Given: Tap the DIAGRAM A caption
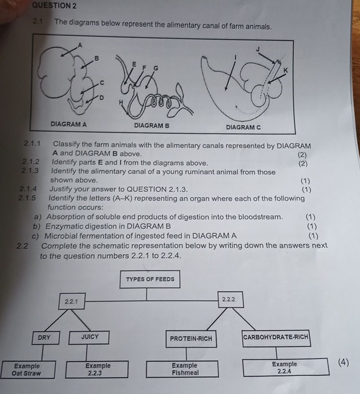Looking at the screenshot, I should pos(69,124).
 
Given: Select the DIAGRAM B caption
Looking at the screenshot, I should pos(152,125).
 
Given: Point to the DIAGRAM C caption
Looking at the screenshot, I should pos(243,126).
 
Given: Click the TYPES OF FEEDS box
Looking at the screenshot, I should pos(150,279).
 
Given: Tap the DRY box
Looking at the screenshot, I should pos(44,337).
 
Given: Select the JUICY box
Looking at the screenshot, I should pos(90,337).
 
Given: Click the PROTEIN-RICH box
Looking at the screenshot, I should pos(191,338).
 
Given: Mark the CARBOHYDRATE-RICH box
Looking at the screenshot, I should pos(276,337).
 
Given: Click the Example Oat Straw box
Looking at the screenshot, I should pos(27,370).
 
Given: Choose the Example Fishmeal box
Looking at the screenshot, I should pos(185,369).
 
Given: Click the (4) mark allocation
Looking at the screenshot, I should pos(343,363).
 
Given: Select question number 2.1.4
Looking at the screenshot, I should pos(28,189).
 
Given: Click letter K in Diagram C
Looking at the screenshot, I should pos(285,70).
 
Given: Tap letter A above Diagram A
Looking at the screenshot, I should pos(81,45).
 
